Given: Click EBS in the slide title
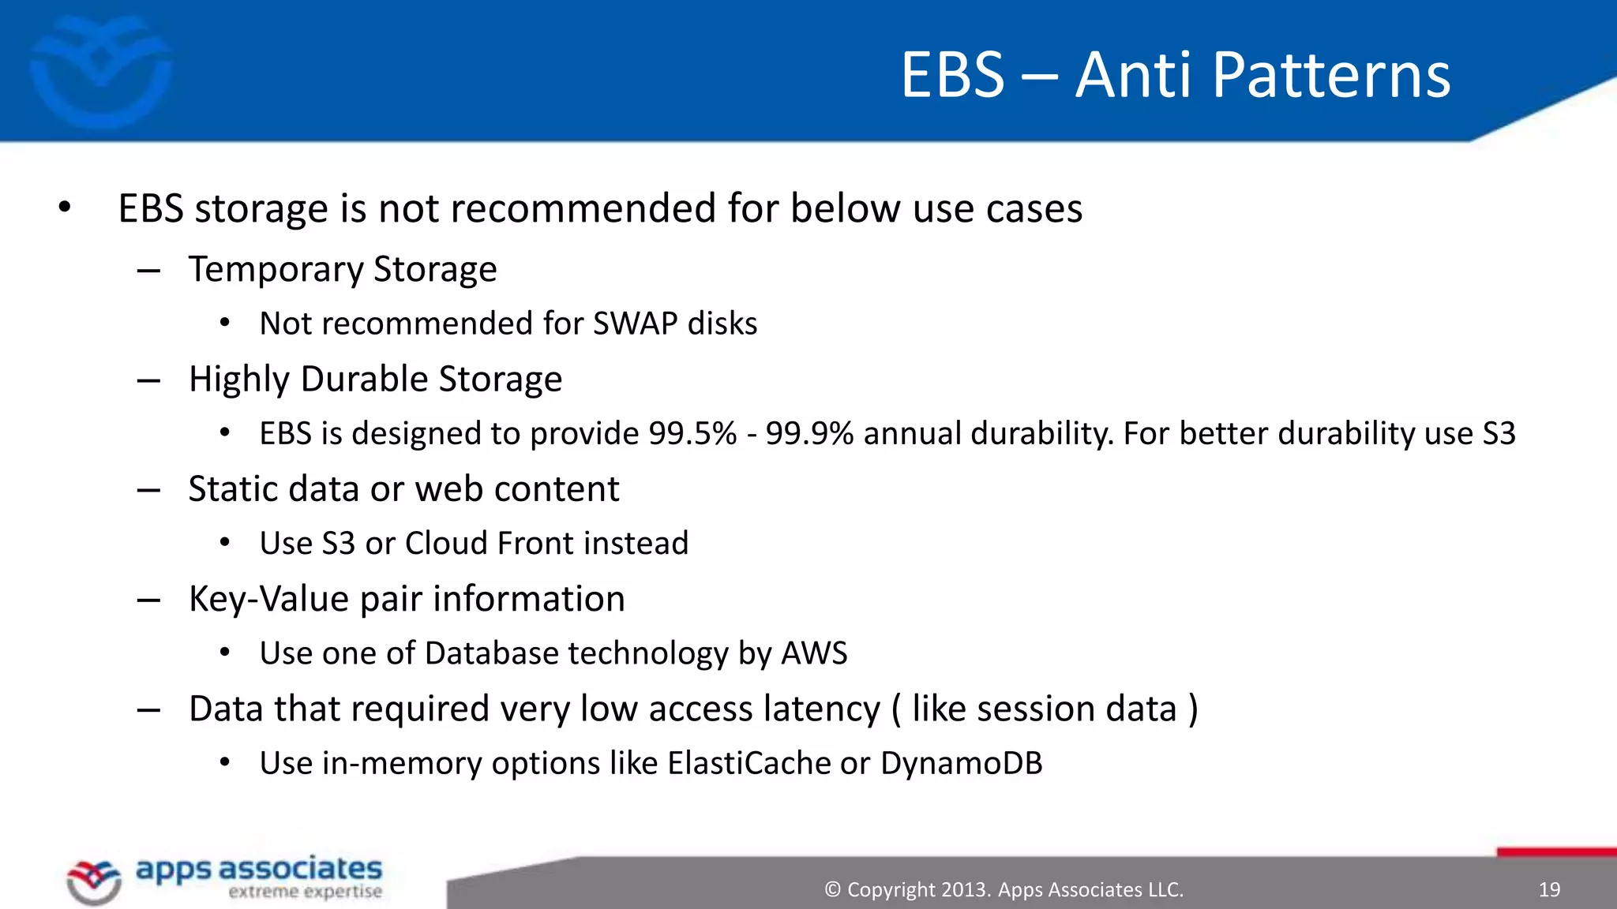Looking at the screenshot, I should coord(953,75).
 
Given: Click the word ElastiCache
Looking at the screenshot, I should coord(748,763).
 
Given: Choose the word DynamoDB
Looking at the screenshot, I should coord(961,763).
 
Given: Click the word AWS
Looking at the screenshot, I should coord(814,653).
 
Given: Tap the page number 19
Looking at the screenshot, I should coord(1549,890).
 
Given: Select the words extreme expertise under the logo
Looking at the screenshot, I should coord(305,892).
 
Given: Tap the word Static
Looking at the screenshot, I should coord(233,489).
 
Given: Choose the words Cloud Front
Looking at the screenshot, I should coord(490,544).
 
